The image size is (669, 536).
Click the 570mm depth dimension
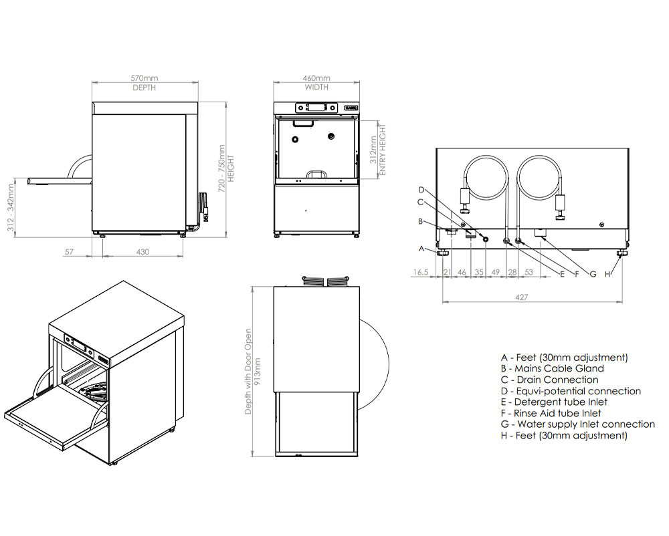point(145,78)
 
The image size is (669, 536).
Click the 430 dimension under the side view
point(142,252)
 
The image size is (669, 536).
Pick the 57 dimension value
point(68,252)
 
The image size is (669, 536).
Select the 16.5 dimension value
point(421,273)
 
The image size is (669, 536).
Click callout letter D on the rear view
point(421,189)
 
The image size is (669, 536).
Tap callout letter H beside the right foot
point(608,274)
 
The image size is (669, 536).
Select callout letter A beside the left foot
point(421,249)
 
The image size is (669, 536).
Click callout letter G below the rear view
point(592,274)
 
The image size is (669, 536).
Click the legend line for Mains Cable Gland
point(551,368)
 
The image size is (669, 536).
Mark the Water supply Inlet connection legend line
point(577,424)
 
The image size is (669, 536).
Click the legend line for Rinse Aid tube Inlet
point(550,413)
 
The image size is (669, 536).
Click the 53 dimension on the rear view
point(529,273)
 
